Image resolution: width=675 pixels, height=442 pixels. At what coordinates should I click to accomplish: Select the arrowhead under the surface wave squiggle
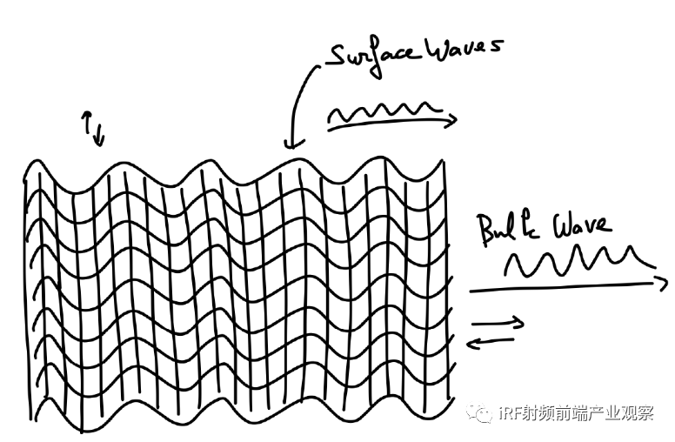pos(451,123)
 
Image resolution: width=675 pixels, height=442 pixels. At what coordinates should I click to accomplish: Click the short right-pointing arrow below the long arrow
pos(498,325)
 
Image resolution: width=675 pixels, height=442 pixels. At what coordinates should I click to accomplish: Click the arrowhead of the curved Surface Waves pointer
pos(290,141)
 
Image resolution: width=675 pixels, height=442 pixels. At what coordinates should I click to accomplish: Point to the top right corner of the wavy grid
pos(444,161)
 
